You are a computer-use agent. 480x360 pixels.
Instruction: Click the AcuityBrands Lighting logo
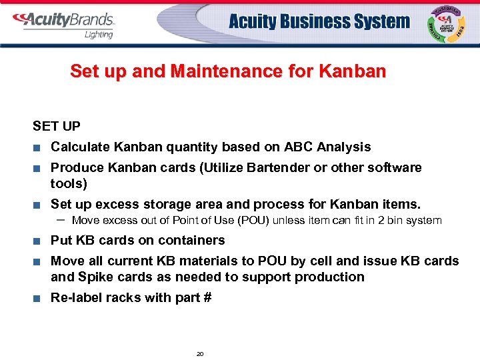pos(63,24)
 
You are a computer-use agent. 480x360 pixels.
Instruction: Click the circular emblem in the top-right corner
pos(448,24)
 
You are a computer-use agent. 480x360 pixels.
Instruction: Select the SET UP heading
pos(57,125)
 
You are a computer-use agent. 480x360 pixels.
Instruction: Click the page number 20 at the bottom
pos(200,353)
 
